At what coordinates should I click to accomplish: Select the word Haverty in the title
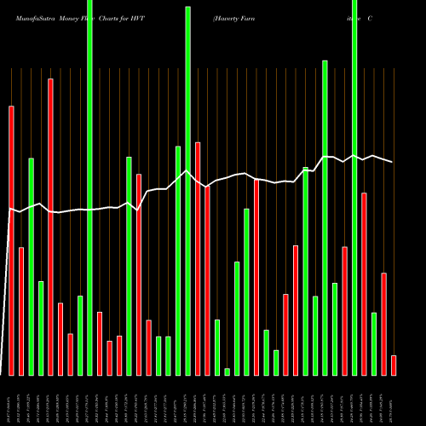pos(229,17)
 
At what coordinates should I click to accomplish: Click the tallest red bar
pos(50,227)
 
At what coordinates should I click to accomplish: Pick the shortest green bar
pos(227,371)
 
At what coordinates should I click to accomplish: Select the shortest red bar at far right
pos(394,365)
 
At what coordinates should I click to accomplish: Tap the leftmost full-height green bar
pos(89,187)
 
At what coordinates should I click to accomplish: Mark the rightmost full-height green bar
pos(354,187)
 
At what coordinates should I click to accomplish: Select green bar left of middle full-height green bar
pos(178,261)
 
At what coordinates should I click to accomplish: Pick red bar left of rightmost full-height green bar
pos(344,311)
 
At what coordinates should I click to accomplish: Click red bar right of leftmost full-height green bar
pos(100,343)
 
